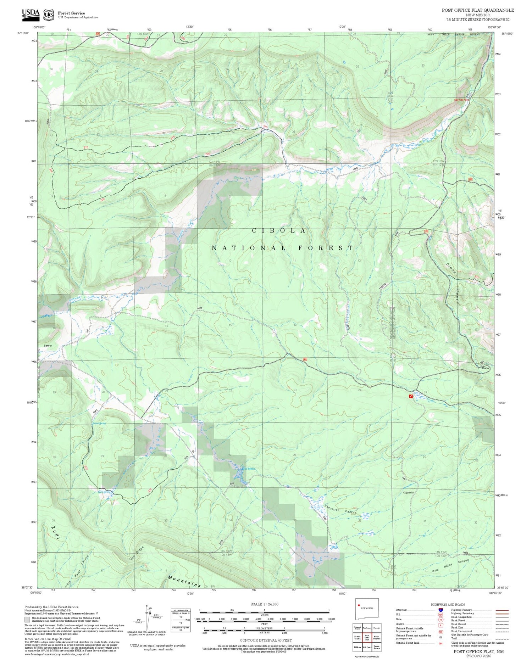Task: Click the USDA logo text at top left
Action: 31,13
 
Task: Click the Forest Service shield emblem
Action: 48,15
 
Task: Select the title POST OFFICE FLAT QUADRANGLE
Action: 478,10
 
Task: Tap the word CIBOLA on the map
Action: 279,231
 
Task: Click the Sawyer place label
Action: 48,346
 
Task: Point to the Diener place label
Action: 486,368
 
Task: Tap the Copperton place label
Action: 409,492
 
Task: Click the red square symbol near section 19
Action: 411,396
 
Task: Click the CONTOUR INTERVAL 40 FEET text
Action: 266,640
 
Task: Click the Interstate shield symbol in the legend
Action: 440,610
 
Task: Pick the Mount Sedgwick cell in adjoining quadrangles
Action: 377,637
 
